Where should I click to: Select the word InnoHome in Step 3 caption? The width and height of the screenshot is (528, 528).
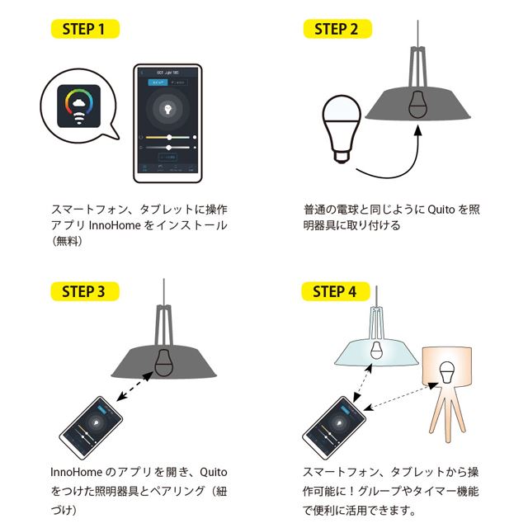click(x=76, y=474)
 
